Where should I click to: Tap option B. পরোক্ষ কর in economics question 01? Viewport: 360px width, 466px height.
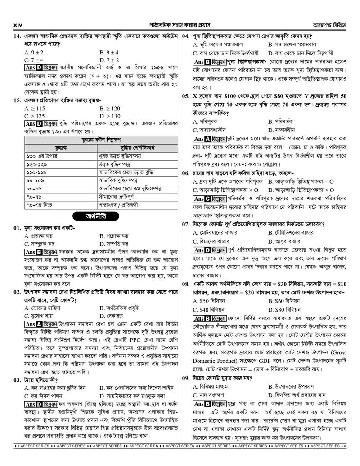click(114, 236)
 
